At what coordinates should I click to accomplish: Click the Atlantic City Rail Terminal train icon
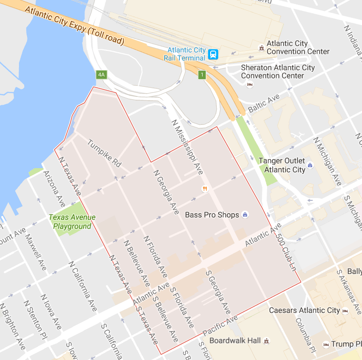click(x=213, y=54)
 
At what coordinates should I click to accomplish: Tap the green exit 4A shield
click(x=101, y=75)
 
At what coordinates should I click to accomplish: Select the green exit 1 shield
click(x=203, y=75)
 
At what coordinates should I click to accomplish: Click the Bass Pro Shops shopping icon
click(x=245, y=215)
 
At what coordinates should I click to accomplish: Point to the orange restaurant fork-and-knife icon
click(x=205, y=189)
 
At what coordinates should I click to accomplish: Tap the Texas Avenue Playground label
click(x=72, y=222)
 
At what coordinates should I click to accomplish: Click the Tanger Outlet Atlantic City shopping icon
click(x=310, y=165)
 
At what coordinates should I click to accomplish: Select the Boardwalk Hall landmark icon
click(x=267, y=341)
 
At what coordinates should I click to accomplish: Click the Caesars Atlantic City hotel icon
click(x=345, y=311)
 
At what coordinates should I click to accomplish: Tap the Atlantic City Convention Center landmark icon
click(x=260, y=47)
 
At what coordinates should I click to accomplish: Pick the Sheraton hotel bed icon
click(x=250, y=85)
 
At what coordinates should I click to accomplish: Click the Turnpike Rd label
click(x=104, y=153)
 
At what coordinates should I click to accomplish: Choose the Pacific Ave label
click(x=220, y=326)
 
